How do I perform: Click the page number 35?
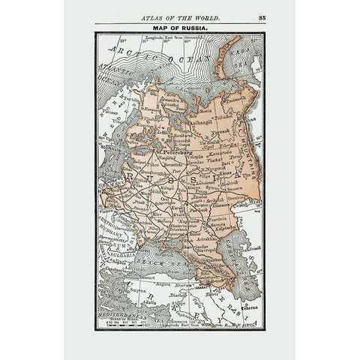pyautogui.click(x=262, y=15)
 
